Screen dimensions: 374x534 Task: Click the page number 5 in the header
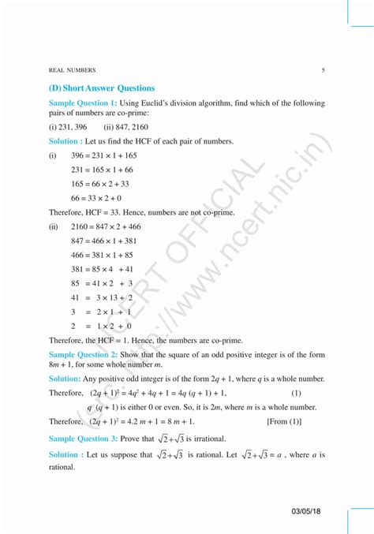[324, 69]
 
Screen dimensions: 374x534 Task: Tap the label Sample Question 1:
[83, 103]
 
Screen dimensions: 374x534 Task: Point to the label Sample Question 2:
[83, 355]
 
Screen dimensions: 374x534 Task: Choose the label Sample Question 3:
[83, 438]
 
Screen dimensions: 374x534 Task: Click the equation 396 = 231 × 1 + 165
[103, 155]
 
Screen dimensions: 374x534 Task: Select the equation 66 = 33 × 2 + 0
[96, 198]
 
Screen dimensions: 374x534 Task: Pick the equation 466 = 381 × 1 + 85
[102, 255]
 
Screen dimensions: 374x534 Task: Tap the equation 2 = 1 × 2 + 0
[100, 326]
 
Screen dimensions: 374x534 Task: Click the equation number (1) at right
[296, 393]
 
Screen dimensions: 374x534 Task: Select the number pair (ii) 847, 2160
[126, 126]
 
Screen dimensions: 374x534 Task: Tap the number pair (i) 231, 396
[68, 126]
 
